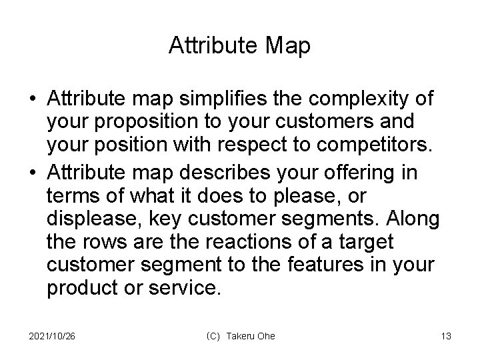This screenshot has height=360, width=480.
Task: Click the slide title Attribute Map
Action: click(x=239, y=45)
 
